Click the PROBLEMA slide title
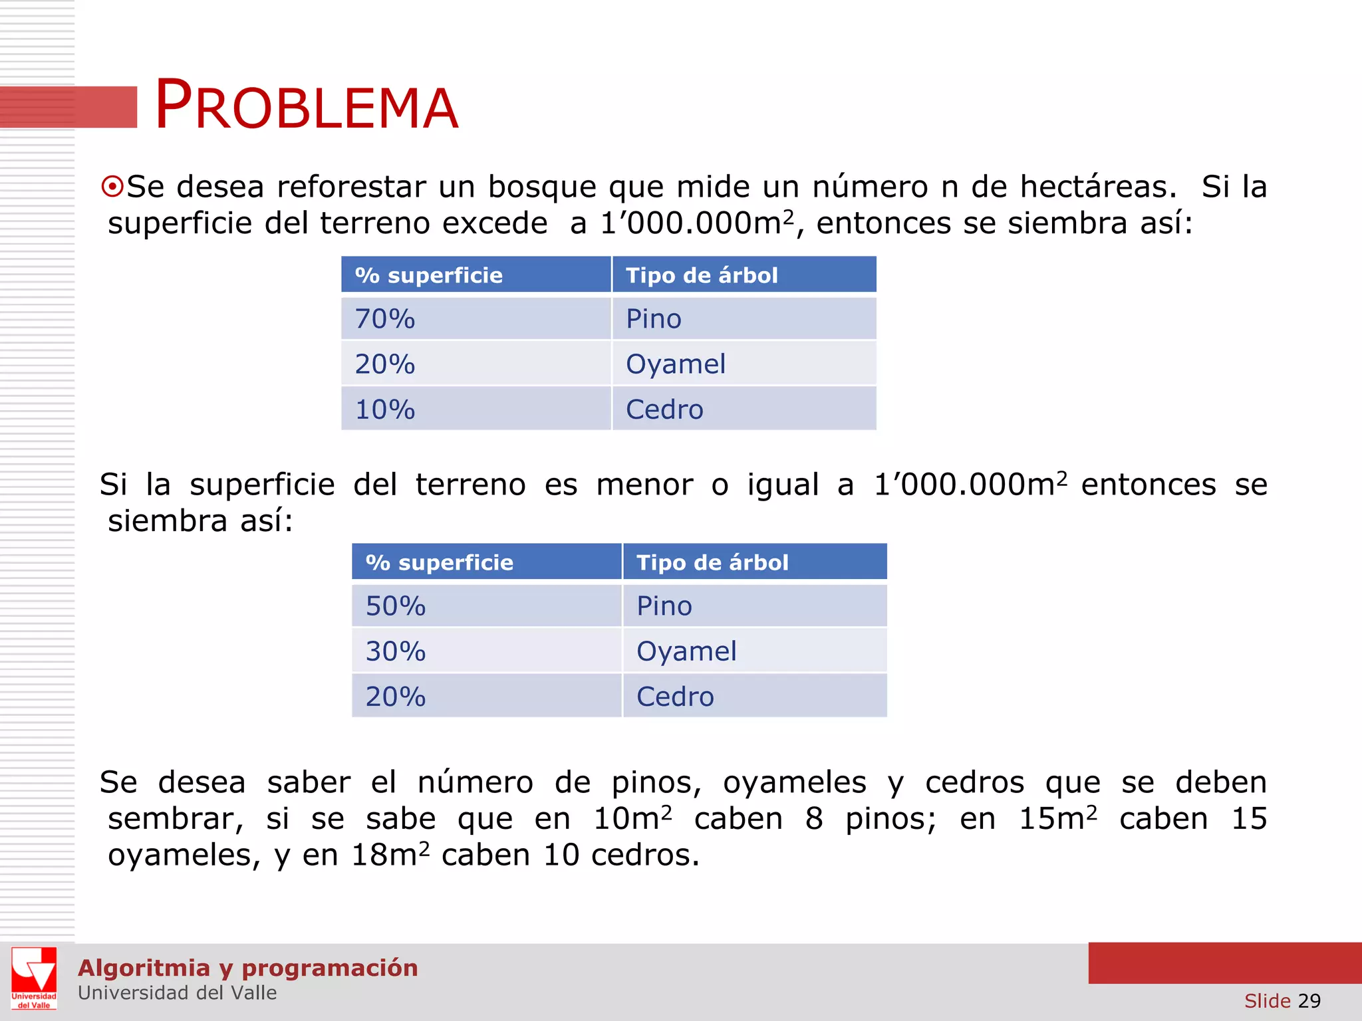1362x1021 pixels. click(x=306, y=106)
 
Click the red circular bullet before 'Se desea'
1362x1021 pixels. click(x=112, y=187)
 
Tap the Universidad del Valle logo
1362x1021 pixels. click(x=34, y=978)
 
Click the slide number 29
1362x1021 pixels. click(x=1309, y=1001)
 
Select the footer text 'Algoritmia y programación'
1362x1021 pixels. click(x=247, y=968)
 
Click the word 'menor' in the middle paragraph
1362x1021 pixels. click(x=644, y=485)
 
